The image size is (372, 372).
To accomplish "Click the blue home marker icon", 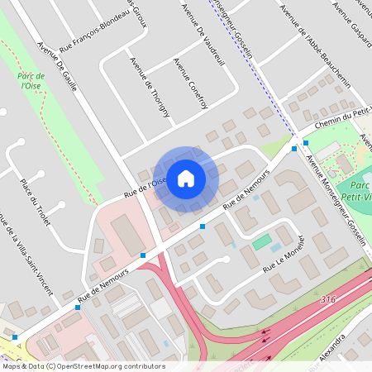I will (186, 179).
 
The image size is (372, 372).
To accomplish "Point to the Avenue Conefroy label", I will (184, 82).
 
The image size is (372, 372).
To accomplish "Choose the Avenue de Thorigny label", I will (150, 86).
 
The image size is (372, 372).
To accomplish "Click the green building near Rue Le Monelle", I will (262, 242).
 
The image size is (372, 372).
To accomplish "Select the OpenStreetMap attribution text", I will (84, 365).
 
